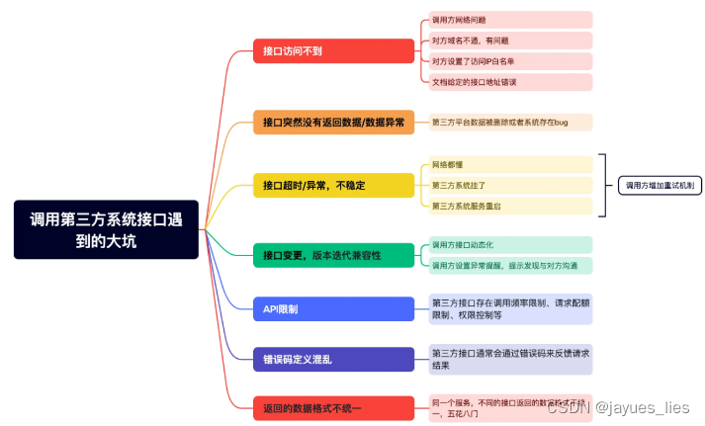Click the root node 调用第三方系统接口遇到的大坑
(x=106, y=229)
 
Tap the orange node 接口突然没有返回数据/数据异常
(x=332, y=123)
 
